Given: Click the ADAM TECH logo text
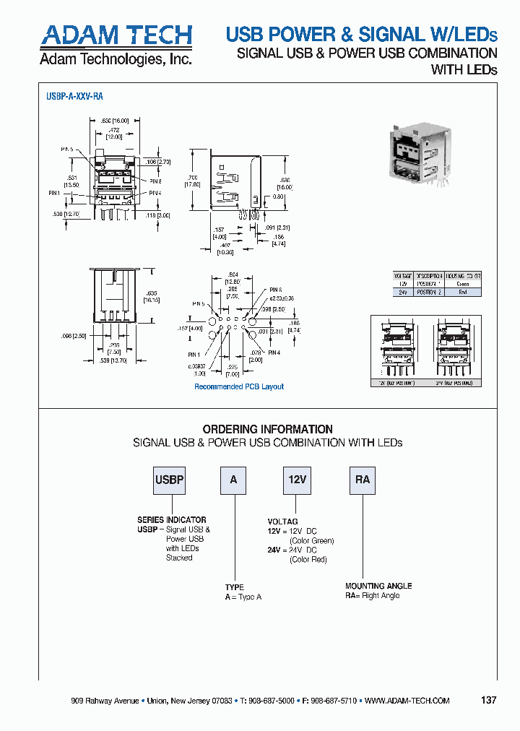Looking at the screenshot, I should click(116, 35).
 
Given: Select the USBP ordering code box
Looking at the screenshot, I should click(169, 480).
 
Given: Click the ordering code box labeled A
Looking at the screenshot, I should click(233, 480).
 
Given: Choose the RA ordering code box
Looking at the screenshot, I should click(362, 480).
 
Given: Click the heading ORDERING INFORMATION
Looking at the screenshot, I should click(267, 429).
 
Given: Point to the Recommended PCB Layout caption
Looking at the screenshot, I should click(239, 386).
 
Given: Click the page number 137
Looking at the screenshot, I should click(488, 701).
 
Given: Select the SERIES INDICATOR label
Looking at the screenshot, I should click(172, 520).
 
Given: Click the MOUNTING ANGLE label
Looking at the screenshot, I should click(378, 586).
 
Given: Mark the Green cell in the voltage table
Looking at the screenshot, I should click(463, 284).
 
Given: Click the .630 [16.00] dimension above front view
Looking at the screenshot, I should click(116, 121).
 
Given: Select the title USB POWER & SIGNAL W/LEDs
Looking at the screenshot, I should click(361, 34).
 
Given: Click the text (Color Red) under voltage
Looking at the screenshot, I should click(308, 559).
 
